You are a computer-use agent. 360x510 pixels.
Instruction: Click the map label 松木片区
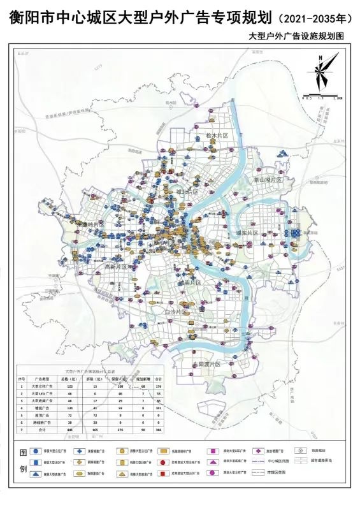pyautogui.click(x=217, y=136)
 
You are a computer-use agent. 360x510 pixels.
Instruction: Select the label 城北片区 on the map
pyautogui.click(x=187, y=191)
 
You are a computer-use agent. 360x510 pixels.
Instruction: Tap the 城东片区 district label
pyautogui.click(x=247, y=233)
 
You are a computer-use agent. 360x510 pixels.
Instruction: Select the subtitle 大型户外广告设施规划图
pyautogui.click(x=296, y=36)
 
